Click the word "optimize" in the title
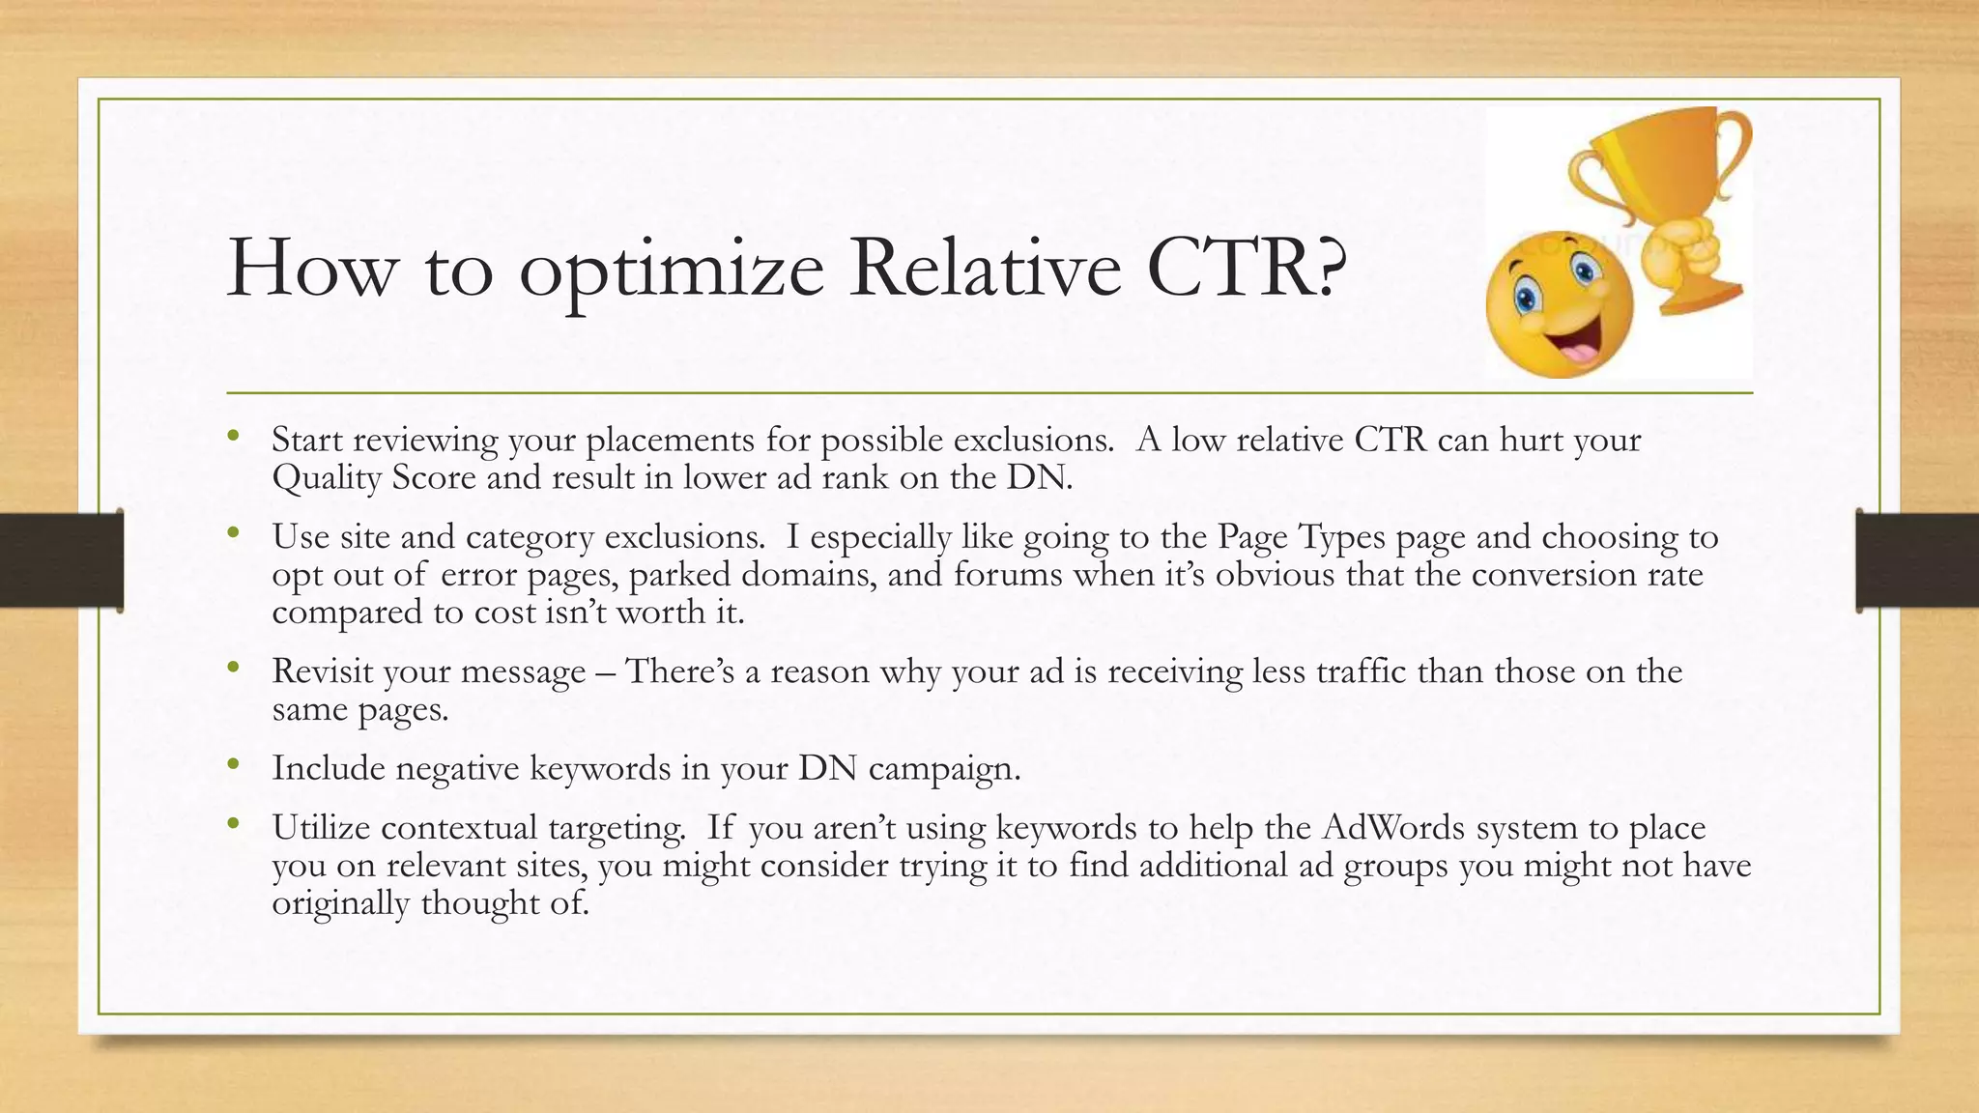coord(671,270)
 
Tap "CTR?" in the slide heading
coord(1246,268)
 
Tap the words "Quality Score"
coord(374,477)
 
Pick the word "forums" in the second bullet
coord(1008,575)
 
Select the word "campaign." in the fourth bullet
coord(944,768)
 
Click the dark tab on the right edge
coord(1917,560)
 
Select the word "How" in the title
coord(311,268)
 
